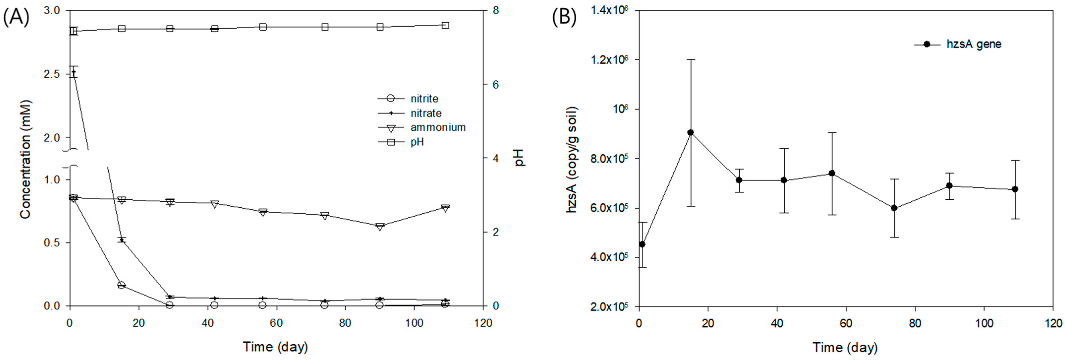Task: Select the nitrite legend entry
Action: coord(424,99)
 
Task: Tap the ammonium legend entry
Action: coord(437,127)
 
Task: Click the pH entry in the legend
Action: coord(417,142)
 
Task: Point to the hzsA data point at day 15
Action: coord(690,132)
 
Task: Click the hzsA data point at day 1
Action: coord(642,244)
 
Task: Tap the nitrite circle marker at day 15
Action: coord(121,285)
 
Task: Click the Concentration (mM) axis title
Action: coord(26,159)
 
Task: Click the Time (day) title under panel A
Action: coord(275,346)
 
